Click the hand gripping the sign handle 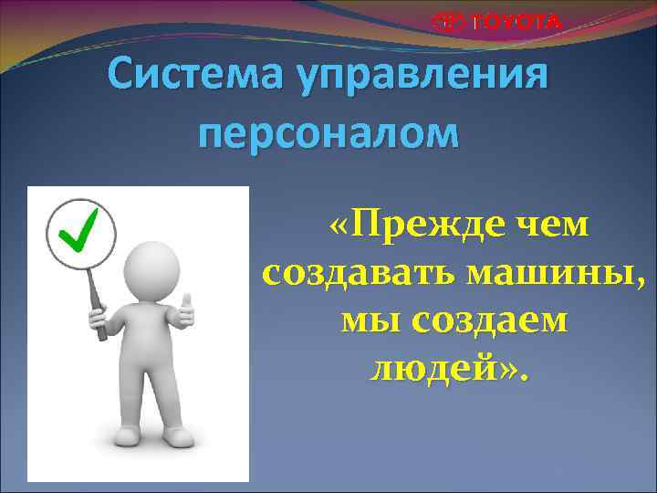click(x=100, y=319)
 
